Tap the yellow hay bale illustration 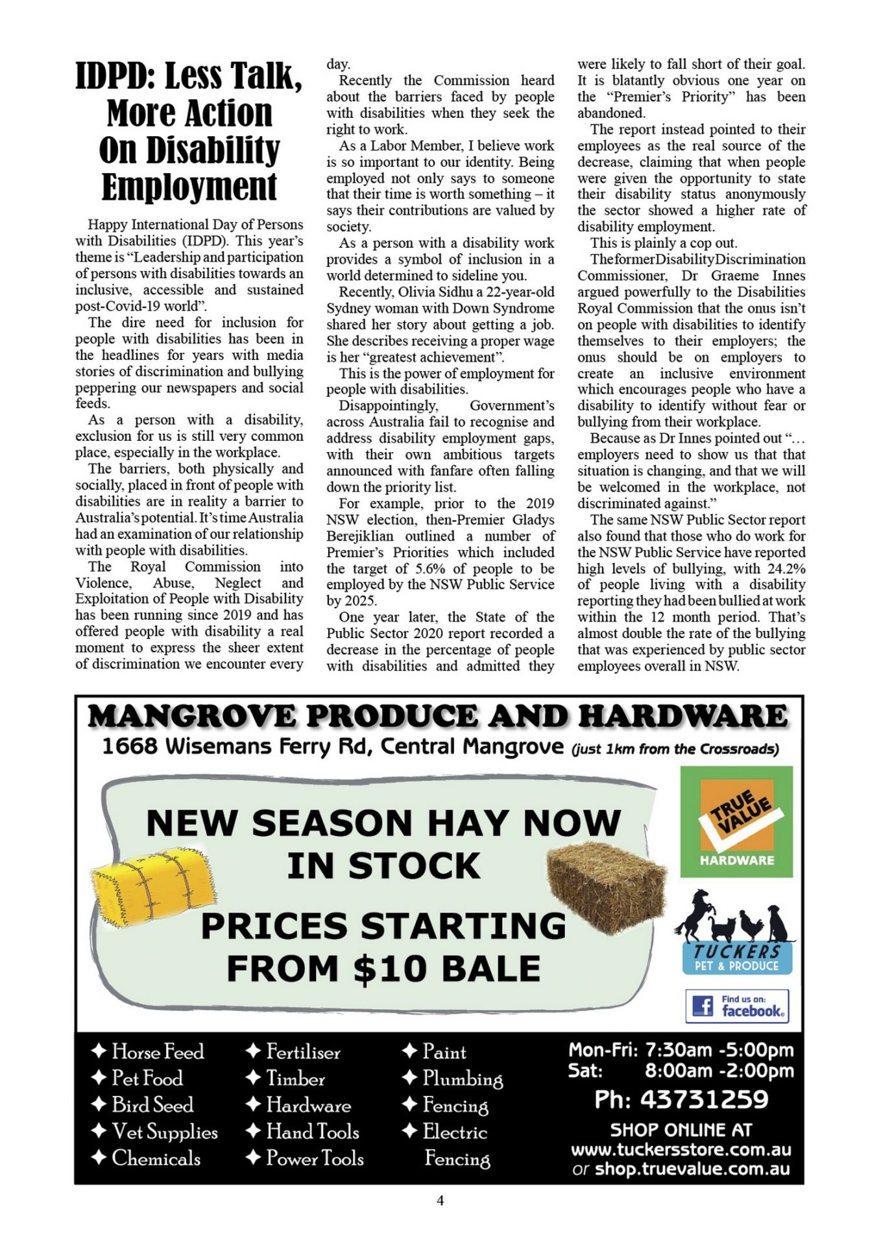(154, 884)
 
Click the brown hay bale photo (607, 887)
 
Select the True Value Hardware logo (736, 822)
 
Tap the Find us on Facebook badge (737, 1006)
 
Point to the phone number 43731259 (705, 1100)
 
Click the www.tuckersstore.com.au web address (681, 1150)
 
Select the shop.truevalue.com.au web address (692, 1169)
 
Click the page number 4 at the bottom (440, 1201)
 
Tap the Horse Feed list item (158, 1051)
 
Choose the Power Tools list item (315, 1158)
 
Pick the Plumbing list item (463, 1078)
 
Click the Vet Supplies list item (165, 1132)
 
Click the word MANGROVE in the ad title (192, 717)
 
